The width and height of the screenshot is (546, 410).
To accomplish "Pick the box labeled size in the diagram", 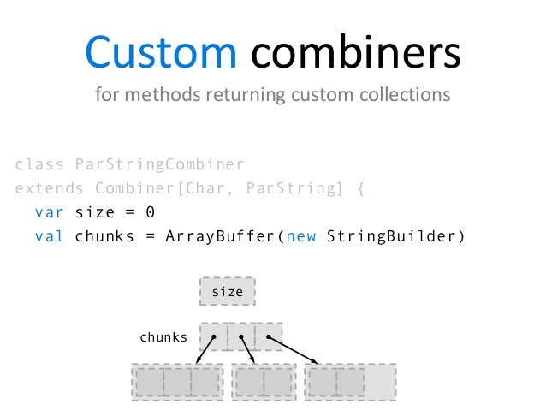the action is [x=228, y=292].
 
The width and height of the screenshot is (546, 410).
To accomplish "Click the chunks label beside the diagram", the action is [x=163, y=337].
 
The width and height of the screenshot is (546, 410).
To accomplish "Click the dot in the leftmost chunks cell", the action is [x=213, y=337].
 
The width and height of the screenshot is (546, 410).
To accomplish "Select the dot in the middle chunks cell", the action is [x=241, y=337].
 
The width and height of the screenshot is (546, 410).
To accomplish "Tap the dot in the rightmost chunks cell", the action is [x=268, y=337].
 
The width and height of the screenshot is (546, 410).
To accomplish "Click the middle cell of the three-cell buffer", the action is [x=177, y=382].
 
